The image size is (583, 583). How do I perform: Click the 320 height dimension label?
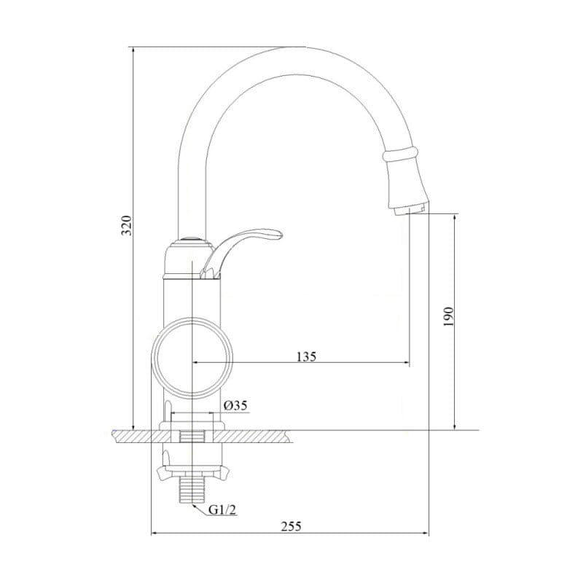click(x=128, y=225)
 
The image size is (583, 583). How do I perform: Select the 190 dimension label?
click(x=449, y=317)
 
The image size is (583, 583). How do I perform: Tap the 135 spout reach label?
click(x=306, y=356)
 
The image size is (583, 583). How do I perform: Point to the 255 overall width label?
click(x=291, y=526)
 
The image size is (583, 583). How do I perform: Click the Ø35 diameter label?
click(x=235, y=405)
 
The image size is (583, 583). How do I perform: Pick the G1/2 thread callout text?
click(x=222, y=509)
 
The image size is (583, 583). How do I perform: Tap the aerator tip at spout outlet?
click(x=409, y=210)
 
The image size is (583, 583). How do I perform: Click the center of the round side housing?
click(x=192, y=358)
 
